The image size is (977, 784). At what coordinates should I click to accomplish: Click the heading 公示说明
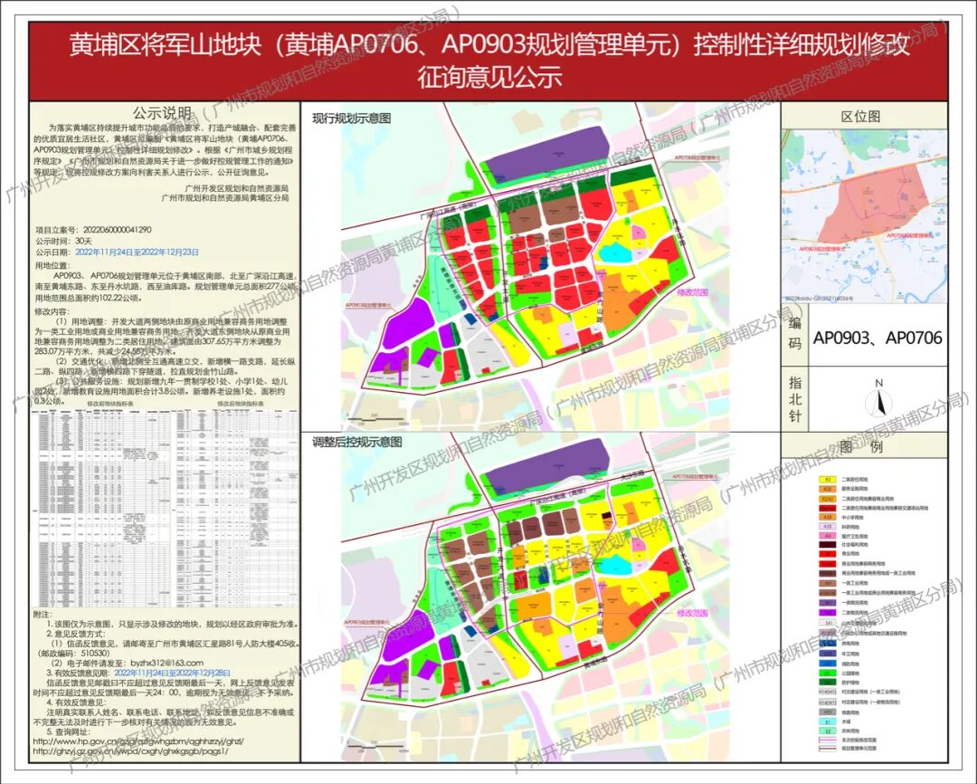(163, 114)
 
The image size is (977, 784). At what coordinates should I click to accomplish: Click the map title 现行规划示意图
(352, 118)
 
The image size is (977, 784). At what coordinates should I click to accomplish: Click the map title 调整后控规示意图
(357, 442)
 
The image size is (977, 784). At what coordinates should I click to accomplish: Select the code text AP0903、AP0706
(877, 338)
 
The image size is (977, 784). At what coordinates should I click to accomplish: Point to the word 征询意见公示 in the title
(488, 77)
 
